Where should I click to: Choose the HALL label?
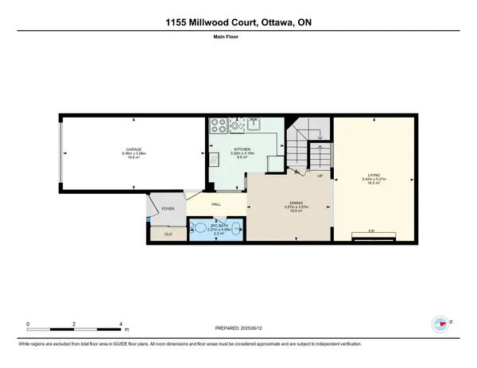215,204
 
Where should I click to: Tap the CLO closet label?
168,234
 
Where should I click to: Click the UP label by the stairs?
320,175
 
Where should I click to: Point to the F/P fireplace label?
371,231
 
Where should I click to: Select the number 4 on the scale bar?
120,323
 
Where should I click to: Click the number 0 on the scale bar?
28,323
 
